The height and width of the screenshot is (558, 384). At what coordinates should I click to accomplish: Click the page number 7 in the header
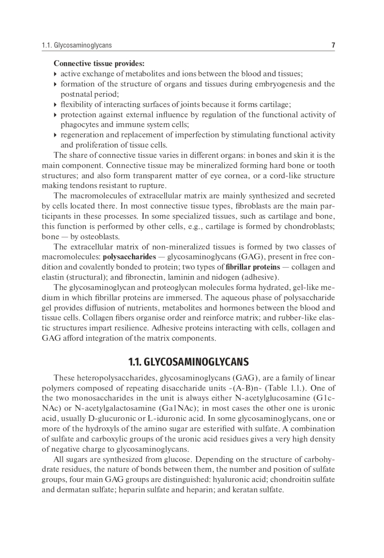click(333, 45)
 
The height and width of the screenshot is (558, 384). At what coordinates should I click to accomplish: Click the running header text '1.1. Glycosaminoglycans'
click(77, 45)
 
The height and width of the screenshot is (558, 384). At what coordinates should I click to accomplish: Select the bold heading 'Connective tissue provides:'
click(99, 63)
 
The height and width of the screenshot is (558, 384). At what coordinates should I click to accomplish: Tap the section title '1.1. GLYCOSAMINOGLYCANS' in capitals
click(188, 362)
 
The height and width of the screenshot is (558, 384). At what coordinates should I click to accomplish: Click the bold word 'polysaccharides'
click(129, 257)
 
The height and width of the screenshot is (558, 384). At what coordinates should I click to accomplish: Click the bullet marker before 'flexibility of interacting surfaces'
click(56, 105)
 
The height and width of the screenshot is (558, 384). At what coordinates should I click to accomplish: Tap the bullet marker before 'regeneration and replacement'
click(56, 135)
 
